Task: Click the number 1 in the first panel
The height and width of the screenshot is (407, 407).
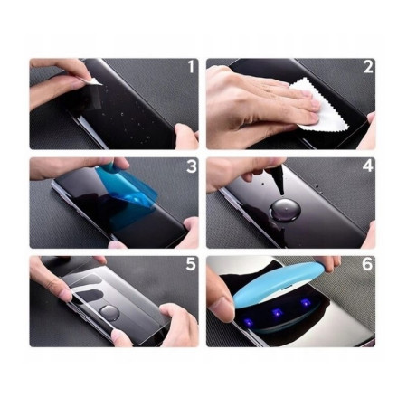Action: pos(190,68)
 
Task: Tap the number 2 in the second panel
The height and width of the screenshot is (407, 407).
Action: pos(368,68)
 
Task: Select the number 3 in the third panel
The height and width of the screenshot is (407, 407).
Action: pos(191,167)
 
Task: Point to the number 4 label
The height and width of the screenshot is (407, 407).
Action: pos(368,167)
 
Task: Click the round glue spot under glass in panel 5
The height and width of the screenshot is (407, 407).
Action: pos(108,309)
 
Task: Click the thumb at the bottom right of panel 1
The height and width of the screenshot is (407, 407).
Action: pos(185,136)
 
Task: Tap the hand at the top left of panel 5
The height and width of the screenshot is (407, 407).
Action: pos(50,276)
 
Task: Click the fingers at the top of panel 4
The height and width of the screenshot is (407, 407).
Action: pos(240,169)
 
